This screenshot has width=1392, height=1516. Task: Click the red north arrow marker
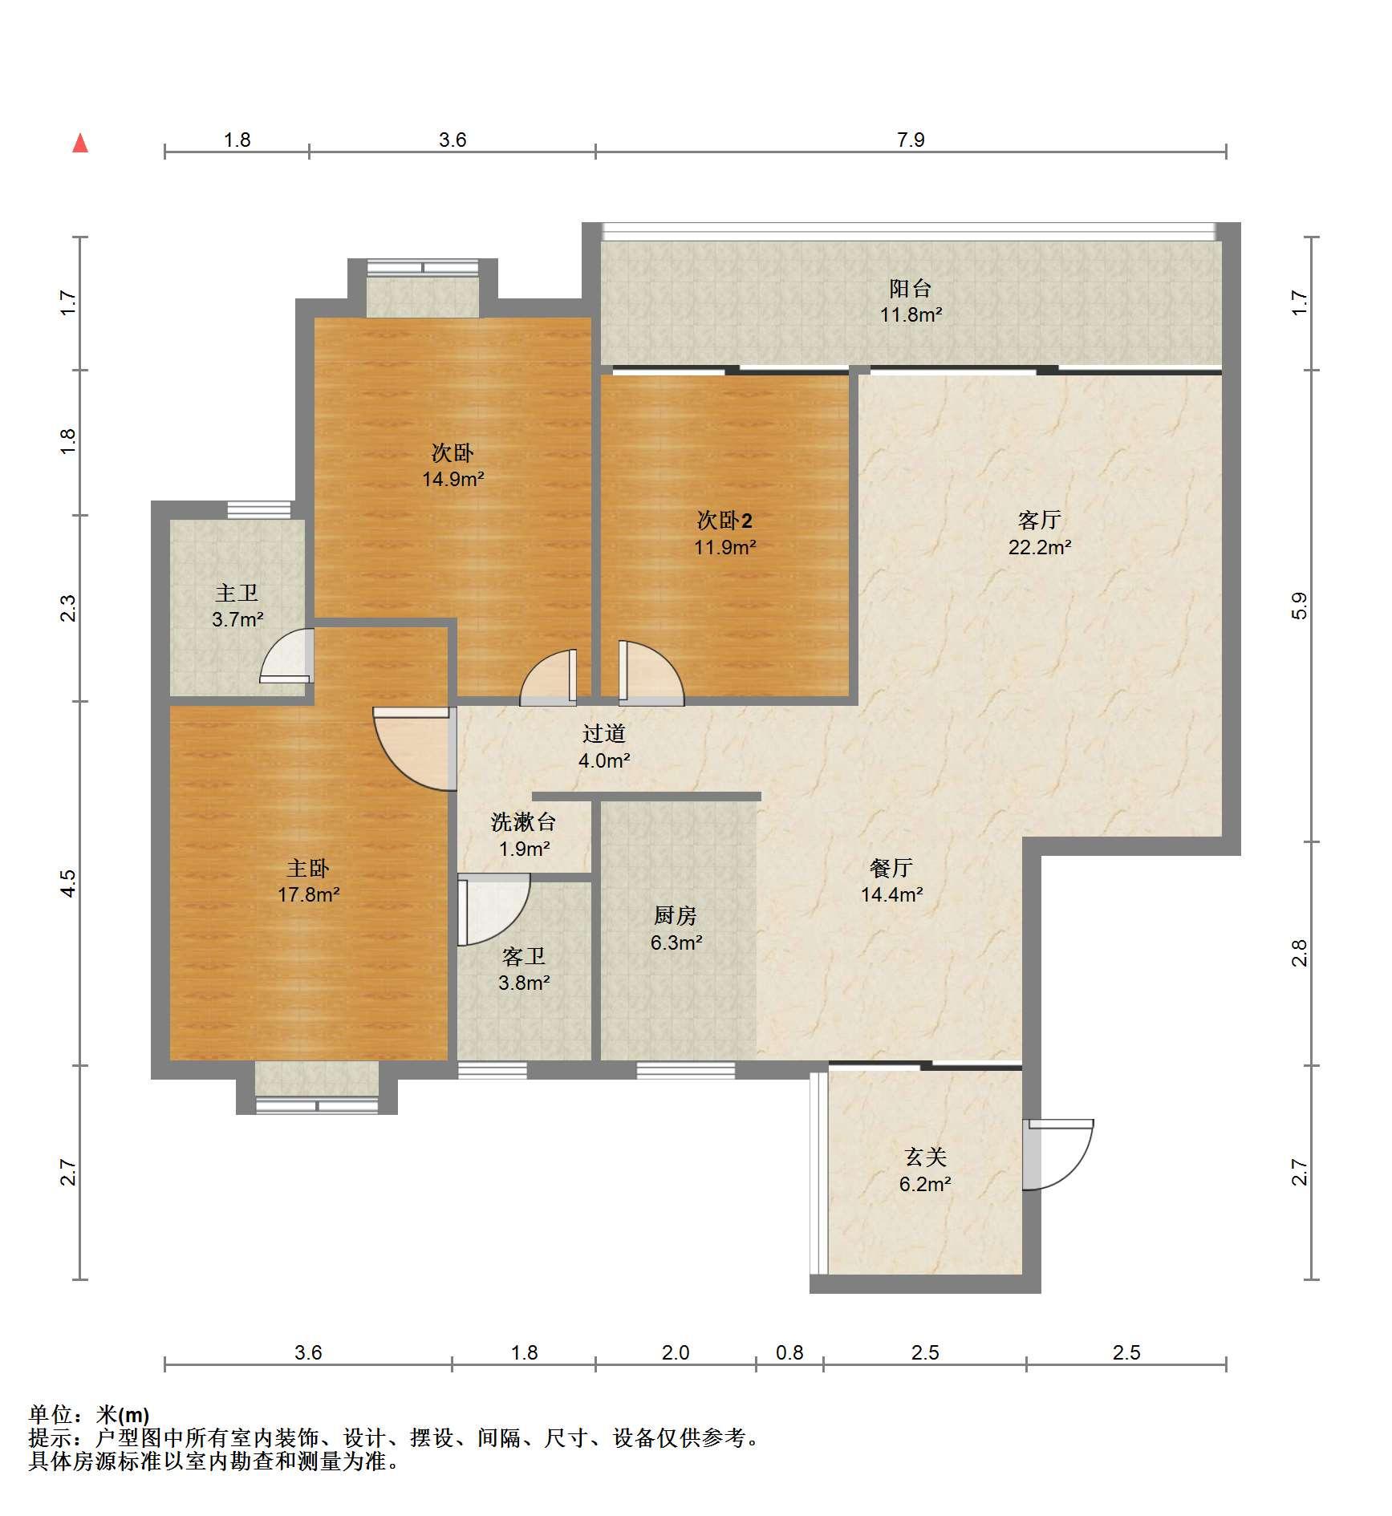pyautogui.click(x=80, y=144)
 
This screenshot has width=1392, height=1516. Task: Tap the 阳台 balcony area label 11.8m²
pyautogui.click(x=911, y=314)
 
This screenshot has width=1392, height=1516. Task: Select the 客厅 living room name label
pyautogui.click(x=1040, y=521)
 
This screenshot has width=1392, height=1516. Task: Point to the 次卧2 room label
pyautogui.click(x=724, y=521)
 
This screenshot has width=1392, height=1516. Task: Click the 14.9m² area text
pyautogui.click(x=453, y=480)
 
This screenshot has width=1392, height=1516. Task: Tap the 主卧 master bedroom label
pyautogui.click(x=308, y=868)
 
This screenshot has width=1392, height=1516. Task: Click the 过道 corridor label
pyautogui.click(x=603, y=733)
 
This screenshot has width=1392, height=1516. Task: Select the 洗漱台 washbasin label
pyautogui.click(x=523, y=821)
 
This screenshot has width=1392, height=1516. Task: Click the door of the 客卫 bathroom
pyautogui.click(x=493, y=910)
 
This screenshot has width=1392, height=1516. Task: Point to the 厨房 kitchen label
pyautogui.click(x=675, y=915)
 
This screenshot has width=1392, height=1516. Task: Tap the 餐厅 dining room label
pyautogui.click(x=891, y=867)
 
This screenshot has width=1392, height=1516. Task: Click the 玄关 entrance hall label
pyautogui.click(x=925, y=1157)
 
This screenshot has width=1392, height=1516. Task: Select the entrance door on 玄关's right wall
pyautogui.click(x=1058, y=1154)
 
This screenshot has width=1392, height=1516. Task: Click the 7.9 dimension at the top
pyautogui.click(x=911, y=140)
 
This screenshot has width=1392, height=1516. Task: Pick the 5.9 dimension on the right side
pyautogui.click(x=1300, y=606)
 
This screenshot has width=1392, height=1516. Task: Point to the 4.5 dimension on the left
pyautogui.click(x=68, y=883)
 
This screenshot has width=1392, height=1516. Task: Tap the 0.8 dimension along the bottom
pyautogui.click(x=789, y=1353)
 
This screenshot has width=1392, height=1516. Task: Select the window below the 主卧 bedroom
pyautogui.click(x=317, y=1105)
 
